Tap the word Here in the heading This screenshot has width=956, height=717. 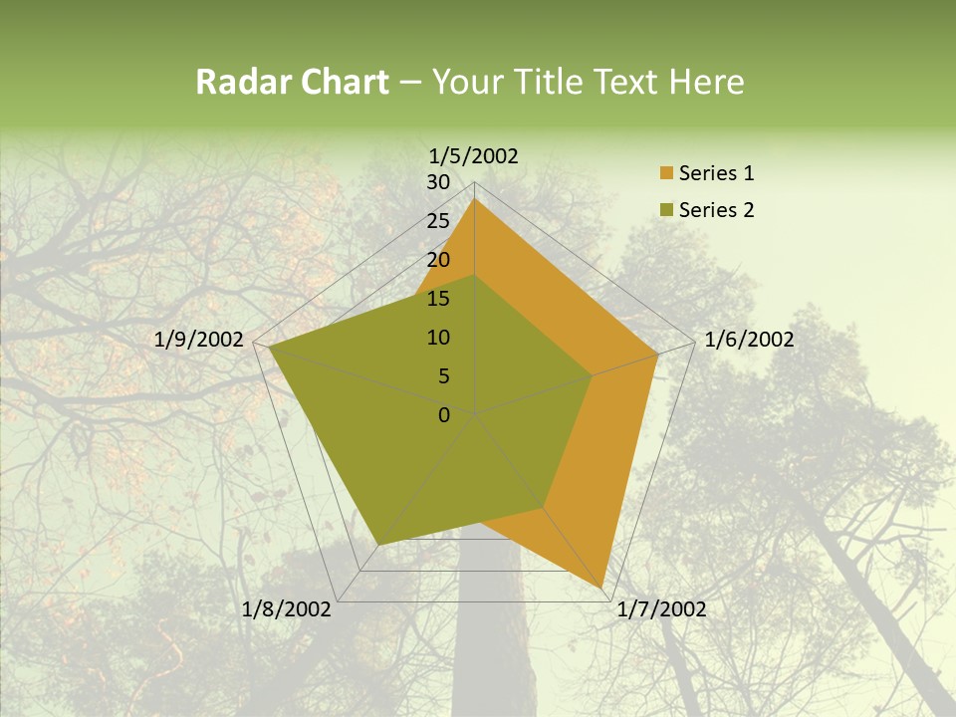click(706, 82)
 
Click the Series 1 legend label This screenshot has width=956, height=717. click(716, 173)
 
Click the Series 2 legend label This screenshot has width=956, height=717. click(716, 210)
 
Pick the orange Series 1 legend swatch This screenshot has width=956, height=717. click(666, 174)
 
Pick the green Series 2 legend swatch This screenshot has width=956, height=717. click(666, 210)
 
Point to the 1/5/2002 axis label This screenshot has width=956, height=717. click(474, 155)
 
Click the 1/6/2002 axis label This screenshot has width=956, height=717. click(749, 340)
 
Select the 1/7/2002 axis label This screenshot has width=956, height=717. click(661, 609)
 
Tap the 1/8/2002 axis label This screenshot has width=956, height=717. click(287, 609)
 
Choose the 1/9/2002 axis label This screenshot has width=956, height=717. click(199, 340)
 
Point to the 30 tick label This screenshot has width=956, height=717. click(438, 182)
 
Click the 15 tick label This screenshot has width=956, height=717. click(438, 299)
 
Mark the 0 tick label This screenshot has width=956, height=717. click(444, 415)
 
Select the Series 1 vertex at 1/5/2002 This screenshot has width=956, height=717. click(475, 199)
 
